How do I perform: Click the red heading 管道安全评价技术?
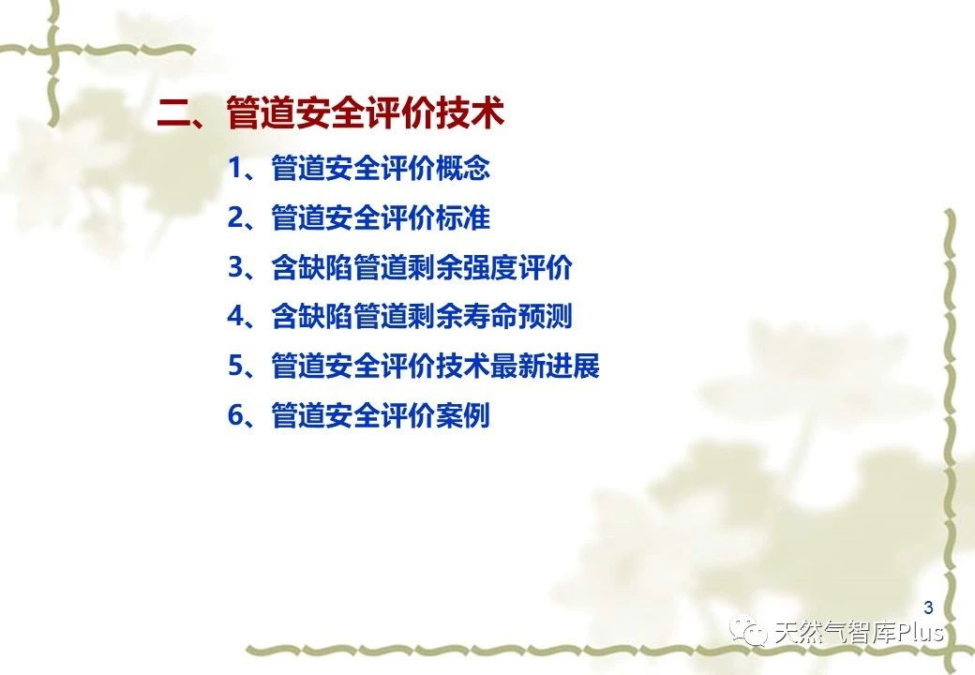[x=365, y=112]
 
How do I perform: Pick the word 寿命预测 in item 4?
[x=517, y=316]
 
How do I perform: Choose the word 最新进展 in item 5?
[x=546, y=366]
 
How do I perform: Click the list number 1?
[x=235, y=169]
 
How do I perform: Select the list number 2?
[x=235, y=218]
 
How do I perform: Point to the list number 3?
[x=235, y=267]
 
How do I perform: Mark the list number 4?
[x=235, y=316]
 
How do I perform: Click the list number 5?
[x=235, y=366]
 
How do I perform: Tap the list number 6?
[x=235, y=415]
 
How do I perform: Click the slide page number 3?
[x=928, y=607]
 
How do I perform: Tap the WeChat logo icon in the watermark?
[x=749, y=631]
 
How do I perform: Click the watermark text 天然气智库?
[x=834, y=633]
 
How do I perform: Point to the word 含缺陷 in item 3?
[x=313, y=267]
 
